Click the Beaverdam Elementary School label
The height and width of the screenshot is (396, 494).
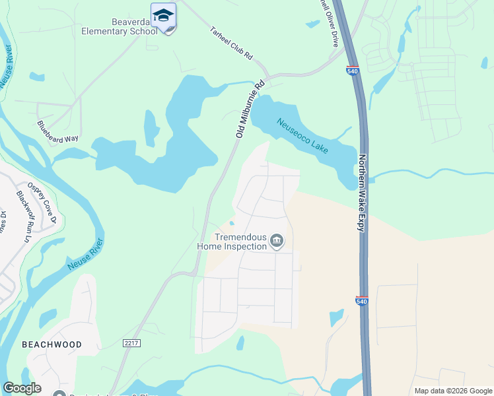click(x=120, y=26)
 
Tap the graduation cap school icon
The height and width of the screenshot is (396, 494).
click(x=163, y=15)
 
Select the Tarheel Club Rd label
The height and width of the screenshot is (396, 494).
click(x=232, y=44)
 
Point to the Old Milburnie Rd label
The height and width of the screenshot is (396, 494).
click(x=250, y=109)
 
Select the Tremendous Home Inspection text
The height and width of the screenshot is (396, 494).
click(x=231, y=242)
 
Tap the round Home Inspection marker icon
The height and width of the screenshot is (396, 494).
click(x=277, y=242)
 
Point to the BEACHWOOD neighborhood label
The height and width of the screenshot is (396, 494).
click(x=52, y=345)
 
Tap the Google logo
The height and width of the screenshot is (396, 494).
click(x=22, y=388)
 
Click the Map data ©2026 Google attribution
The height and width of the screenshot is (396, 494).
click(x=453, y=391)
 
